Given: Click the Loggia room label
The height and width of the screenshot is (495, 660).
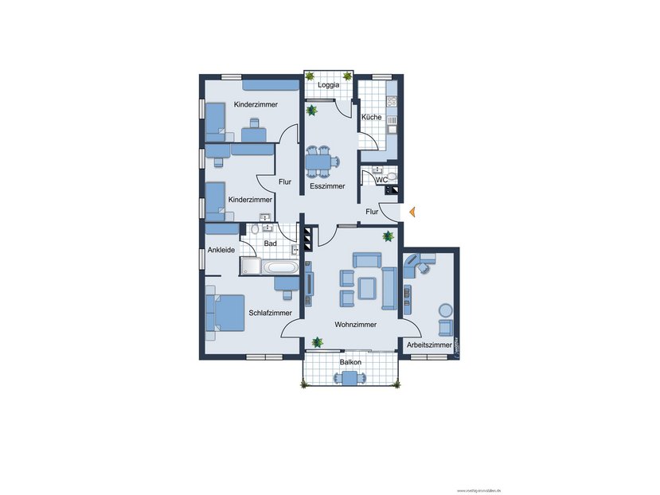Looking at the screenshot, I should [x=329, y=84].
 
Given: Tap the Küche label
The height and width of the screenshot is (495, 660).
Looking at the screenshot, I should [x=371, y=118].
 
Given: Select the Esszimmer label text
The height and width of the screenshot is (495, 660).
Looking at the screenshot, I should [x=327, y=186].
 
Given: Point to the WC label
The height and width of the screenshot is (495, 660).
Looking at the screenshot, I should [x=381, y=181].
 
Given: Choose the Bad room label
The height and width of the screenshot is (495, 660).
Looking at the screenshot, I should [x=270, y=243].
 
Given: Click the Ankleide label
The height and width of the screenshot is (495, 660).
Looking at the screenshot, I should [x=221, y=250].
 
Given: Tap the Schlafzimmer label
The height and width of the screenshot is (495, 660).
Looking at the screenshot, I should [x=270, y=313].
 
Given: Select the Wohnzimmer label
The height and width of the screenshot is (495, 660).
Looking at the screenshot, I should [x=356, y=325].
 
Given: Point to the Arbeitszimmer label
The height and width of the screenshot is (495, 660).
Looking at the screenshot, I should [x=429, y=345].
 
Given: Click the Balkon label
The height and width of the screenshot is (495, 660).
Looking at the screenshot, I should [x=350, y=362].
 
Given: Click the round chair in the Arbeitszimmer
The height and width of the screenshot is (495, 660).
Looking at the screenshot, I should [x=445, y=310].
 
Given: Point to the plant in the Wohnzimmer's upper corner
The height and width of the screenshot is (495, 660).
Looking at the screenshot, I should [x=388, y=236].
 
